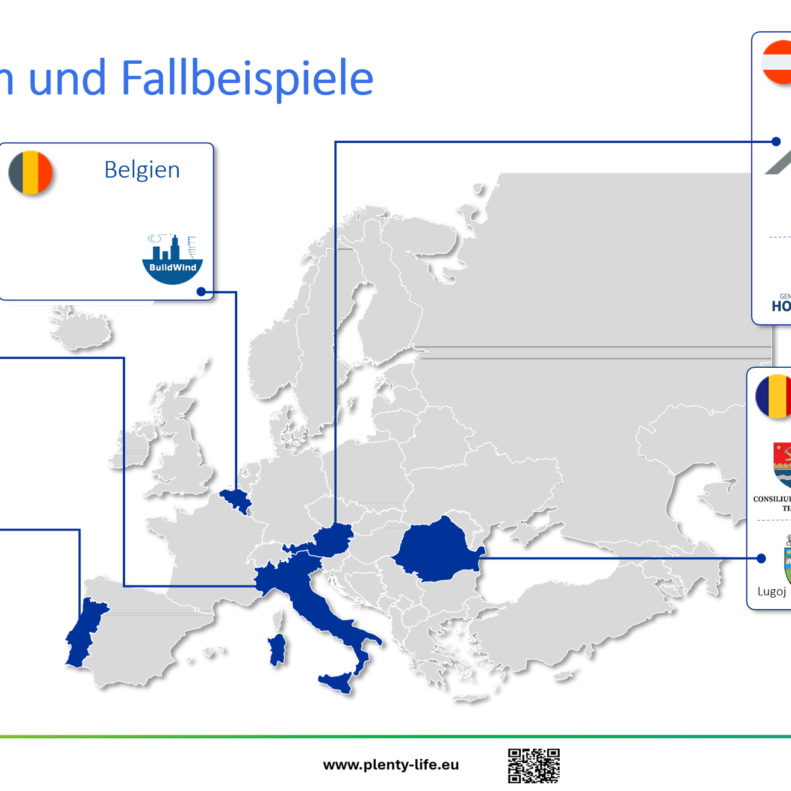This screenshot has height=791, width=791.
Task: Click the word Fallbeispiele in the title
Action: [x=247, y=78]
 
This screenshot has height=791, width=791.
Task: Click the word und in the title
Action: [x=67, y=78]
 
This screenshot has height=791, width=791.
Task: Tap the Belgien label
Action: [x=142, y=170]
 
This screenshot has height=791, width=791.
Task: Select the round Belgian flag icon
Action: [x=31, y=173]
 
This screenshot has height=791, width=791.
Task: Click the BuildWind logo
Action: [x=173, y=259]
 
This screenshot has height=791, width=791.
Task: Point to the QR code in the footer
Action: [x=533, y=766]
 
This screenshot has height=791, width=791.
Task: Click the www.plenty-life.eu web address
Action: [x=391, y=765]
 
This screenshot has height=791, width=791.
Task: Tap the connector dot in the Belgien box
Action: [x=202, y=292]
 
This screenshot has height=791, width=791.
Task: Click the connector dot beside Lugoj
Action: [x=762, y=559]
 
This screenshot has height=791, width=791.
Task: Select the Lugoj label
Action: [x=772, y=591]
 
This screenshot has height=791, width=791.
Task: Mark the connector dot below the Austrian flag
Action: [x=776, y=141]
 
